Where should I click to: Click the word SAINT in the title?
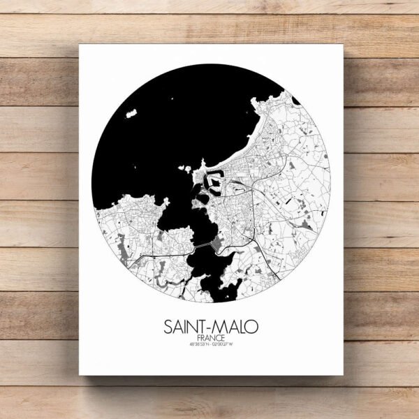point(184,326)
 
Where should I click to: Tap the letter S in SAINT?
point(168,326)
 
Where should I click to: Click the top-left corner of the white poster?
point(79,45)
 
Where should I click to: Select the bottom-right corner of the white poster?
point(344,375)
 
